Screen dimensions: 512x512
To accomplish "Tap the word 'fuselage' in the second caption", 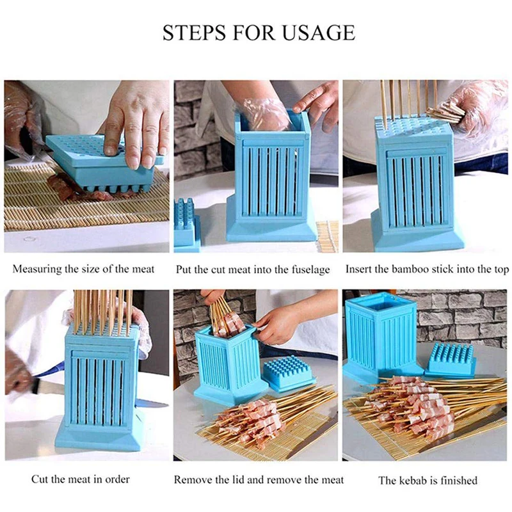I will click(x=308, y=269).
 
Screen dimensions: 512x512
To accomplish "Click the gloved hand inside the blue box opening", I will click(x=266, y=113).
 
